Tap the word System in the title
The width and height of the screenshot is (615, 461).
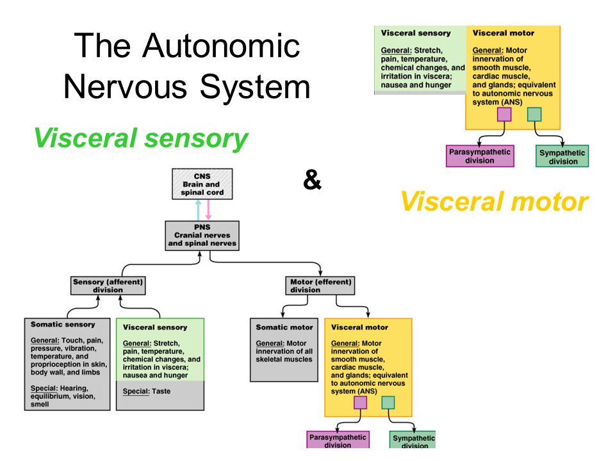[x=256, y=88]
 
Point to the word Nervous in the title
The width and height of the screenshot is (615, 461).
[x=125, y=86]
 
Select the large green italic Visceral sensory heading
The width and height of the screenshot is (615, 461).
[x=141, y=138]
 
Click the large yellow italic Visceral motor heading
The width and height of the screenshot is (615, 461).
[x=494, y=202]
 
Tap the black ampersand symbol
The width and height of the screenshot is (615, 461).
[x=312, y=180]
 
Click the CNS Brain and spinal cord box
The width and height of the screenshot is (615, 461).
[x=202, y=184]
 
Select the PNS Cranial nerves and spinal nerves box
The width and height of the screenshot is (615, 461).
[x=202, y=236]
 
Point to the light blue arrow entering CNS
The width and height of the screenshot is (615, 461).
[x=198, y=210]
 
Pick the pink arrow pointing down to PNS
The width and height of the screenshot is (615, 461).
[x=208, y=210]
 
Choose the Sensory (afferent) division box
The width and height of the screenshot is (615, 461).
[x=108, y=286]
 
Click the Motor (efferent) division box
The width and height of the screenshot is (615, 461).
[x=320, y=286]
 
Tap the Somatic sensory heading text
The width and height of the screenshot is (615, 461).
[x=63, y=324]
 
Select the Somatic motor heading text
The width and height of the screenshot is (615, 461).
[x=284, y=327]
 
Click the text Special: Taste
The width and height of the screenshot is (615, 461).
[x=147, y=391]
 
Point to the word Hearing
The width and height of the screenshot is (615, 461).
[x=74, y=389]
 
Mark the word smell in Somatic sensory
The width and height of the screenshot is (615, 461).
[x=40, y=404]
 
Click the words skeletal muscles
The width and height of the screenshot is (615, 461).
[x=284, y=359]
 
